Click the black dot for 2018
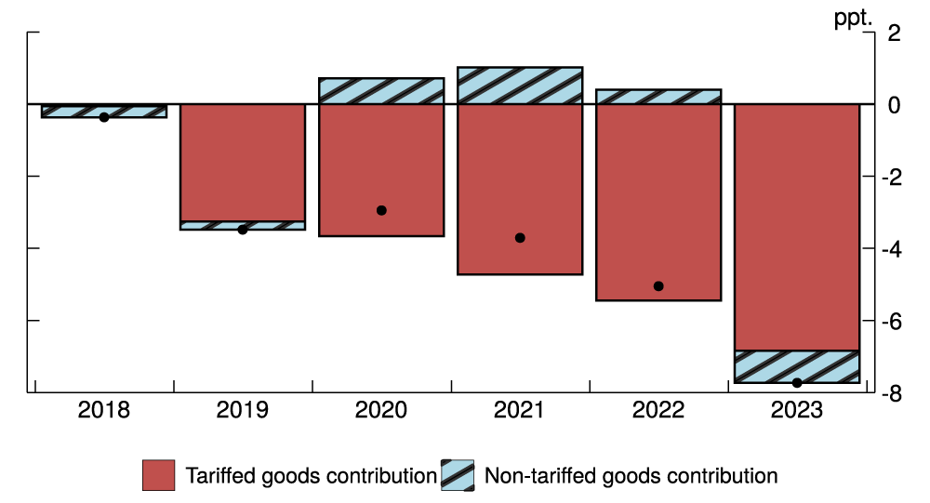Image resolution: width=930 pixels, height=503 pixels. click(104, 117)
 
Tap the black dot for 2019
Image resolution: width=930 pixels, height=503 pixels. click(243, 229)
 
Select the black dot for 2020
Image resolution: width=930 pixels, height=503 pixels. click(381, 210)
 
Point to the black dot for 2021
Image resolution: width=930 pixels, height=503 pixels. click(520, 238)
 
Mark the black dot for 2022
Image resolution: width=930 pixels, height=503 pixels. click(658, 286)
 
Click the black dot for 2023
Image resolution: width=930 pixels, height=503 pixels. click(797, 382)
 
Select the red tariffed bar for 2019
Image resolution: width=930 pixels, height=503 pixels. click(243, 163)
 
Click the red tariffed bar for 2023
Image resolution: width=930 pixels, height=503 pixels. click(797, 227)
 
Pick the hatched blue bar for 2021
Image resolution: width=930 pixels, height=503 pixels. click(520, 86)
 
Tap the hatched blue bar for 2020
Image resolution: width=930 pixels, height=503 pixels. click(381, 91)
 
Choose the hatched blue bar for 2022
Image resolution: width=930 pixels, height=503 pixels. click(658, 97)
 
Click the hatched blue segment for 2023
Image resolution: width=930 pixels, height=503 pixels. click(797, 366)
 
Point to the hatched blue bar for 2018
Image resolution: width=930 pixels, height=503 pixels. click(104, 111)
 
